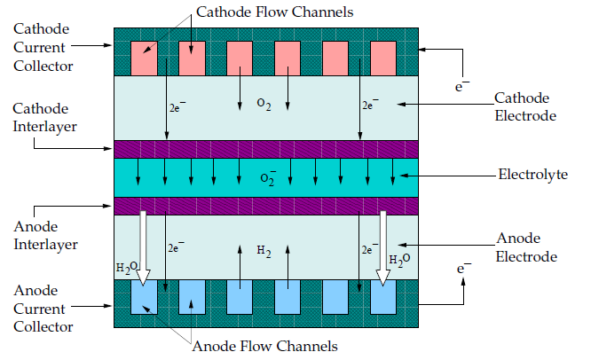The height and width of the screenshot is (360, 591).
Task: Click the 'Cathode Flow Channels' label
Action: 275,12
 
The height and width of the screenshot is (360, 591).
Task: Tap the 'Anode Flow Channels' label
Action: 264,346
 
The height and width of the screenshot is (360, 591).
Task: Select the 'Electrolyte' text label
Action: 533,175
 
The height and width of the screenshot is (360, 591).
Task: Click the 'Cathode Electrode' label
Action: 525,106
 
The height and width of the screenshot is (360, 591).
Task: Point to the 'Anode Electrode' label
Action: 526,247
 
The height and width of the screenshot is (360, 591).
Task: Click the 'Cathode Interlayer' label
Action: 44,118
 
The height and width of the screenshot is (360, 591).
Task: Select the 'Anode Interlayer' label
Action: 45,235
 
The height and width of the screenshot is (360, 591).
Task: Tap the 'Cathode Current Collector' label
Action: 43,48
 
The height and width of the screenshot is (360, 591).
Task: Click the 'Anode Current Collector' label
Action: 43,309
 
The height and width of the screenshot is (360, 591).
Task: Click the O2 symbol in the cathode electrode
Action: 264,104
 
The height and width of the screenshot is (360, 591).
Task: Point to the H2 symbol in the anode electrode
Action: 264,251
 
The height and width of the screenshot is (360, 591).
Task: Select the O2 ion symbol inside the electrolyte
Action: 268,178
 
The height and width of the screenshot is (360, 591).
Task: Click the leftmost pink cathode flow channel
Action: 144,59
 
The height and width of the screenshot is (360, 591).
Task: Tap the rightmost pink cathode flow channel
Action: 383,59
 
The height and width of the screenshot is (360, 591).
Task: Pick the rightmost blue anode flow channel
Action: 383,297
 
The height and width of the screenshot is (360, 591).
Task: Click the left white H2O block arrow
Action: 143,247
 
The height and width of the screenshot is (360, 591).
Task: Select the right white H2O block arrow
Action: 383,247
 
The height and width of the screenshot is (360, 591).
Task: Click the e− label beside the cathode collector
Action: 462,86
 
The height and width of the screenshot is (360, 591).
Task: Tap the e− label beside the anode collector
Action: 463,268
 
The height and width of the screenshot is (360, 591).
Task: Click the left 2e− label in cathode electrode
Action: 177,107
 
